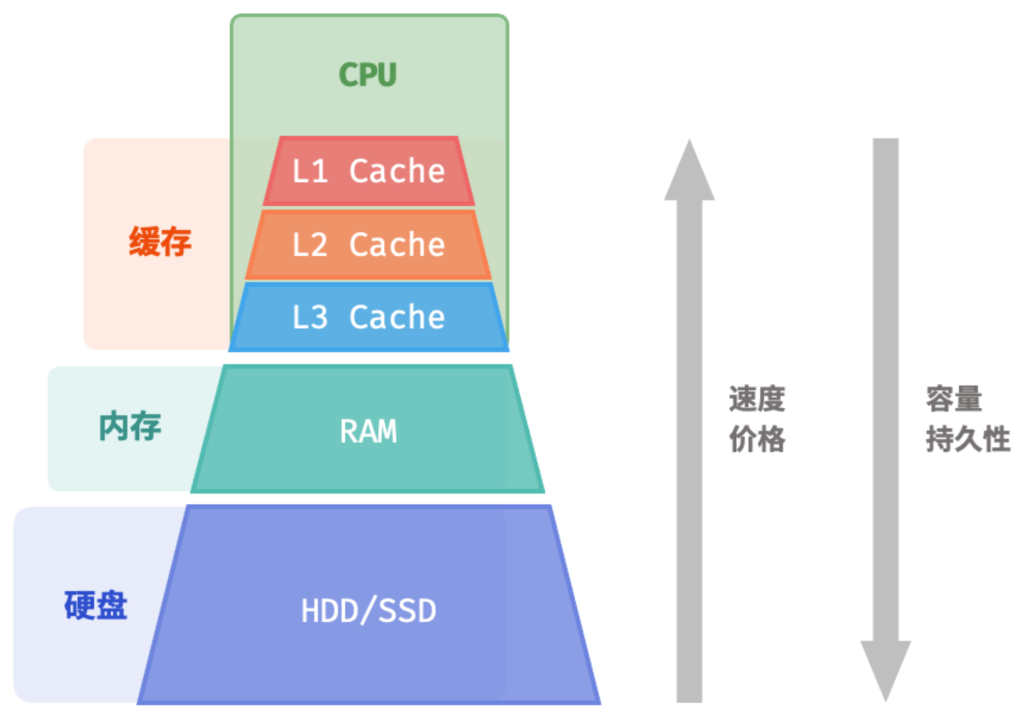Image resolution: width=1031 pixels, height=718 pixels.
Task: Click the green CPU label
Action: [368, 74]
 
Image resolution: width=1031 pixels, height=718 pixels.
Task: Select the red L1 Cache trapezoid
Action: [369, 171]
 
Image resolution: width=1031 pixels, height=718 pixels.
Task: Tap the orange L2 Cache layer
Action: [369, 244]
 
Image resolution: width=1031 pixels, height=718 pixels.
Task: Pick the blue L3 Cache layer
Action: [369, 317]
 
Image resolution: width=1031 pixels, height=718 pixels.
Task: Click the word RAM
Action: [368, 431]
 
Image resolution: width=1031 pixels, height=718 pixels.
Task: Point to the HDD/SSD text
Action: [369, 611]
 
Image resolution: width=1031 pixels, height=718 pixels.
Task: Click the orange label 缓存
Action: [159, 241]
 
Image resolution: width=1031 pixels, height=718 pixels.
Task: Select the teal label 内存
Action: [130, 426]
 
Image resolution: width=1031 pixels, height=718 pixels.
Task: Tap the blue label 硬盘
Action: [95, 605]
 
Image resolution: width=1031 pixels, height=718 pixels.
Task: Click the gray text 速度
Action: [757, 399]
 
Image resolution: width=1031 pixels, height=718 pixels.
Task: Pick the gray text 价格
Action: [757, 439]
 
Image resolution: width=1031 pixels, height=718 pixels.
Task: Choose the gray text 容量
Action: [954, 399]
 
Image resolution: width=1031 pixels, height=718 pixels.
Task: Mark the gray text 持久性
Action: [968, 439]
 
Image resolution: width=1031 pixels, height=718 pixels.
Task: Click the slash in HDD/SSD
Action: [369, 610]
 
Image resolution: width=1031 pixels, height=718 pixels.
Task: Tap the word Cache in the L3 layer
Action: [397, 317]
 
